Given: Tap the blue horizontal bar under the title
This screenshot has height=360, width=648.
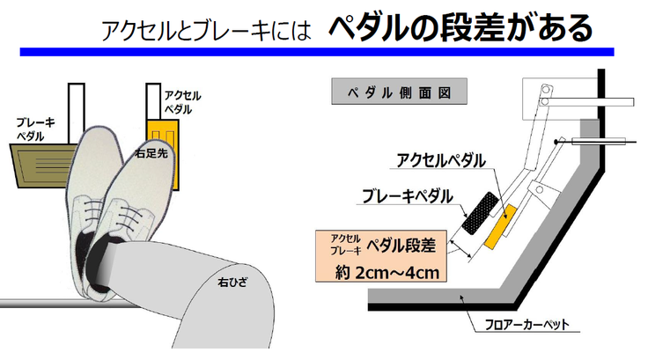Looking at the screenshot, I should tap(317, 52).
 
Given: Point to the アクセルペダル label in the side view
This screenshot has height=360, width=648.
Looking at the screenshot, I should tap(439, 160).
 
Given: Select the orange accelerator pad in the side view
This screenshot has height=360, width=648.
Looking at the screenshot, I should tap(497, 224).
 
